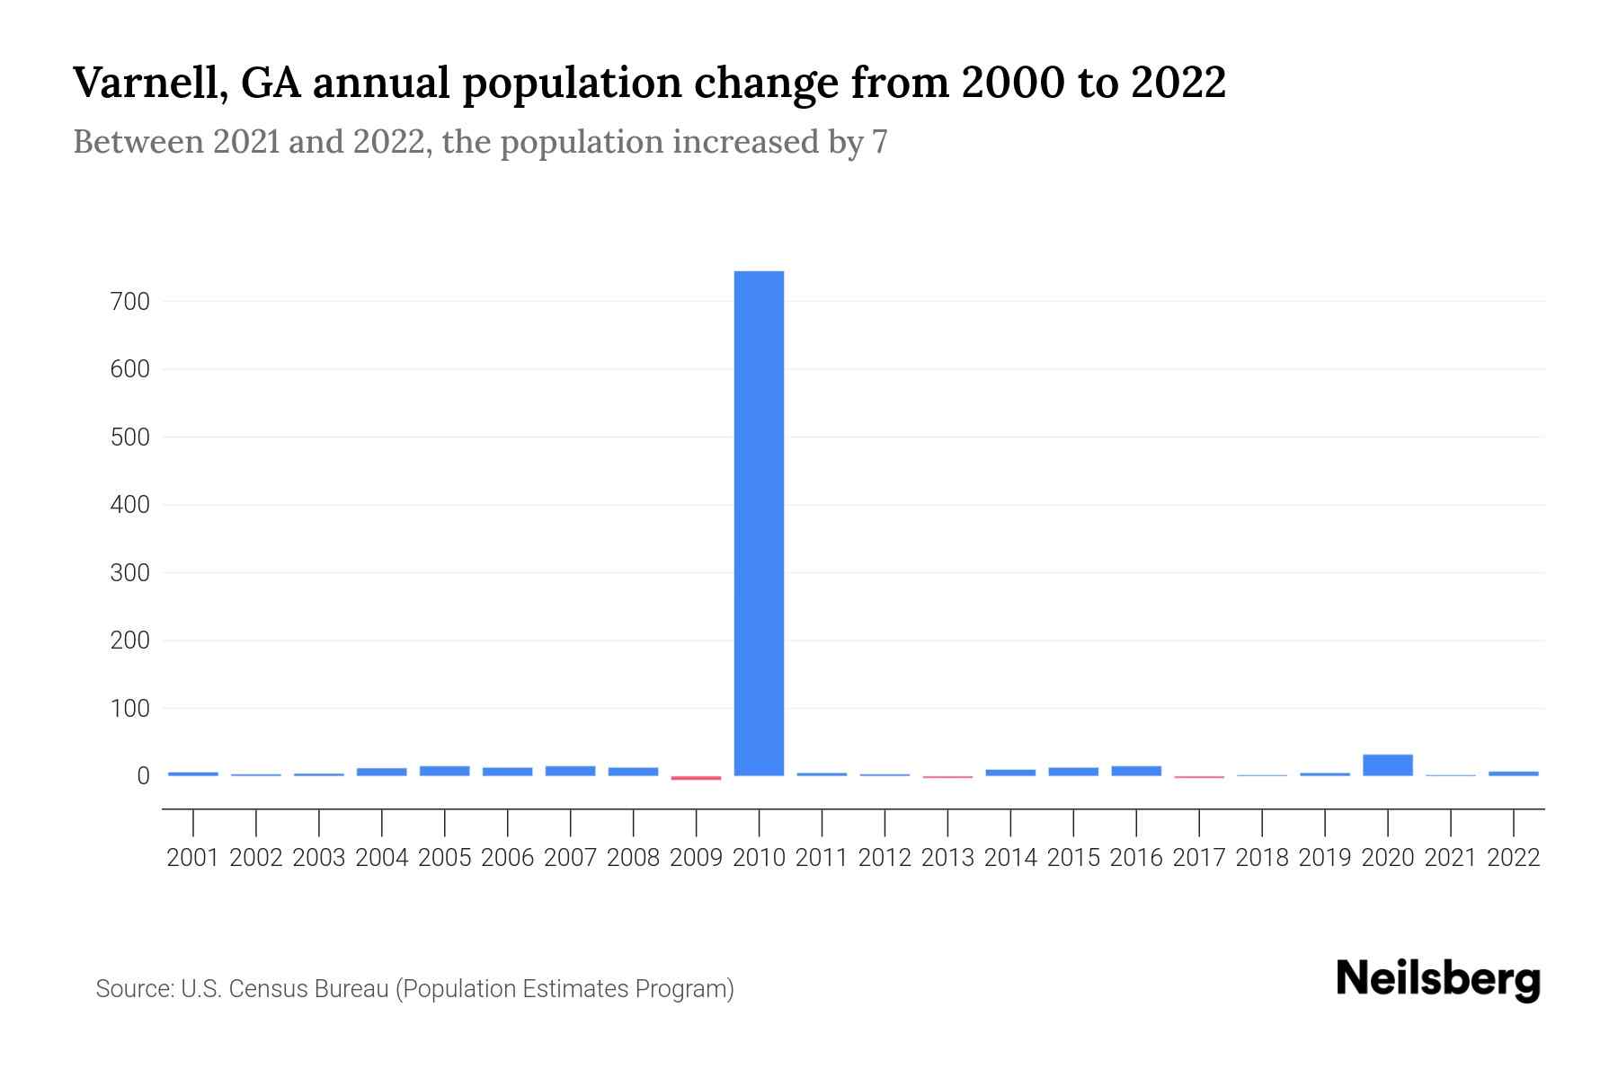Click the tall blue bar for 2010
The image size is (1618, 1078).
tap(759, 523)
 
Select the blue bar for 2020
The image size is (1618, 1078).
tap(1387, 764)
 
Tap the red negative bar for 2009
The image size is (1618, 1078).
tap(696, 778)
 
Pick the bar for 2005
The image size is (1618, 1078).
tap(444, 771)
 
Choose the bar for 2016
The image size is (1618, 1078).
tap(1136, 771)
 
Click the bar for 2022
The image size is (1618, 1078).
tap(1513, 773)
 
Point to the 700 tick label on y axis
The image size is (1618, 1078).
tap(129, 302)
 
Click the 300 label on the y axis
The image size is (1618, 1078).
tap(129, 573)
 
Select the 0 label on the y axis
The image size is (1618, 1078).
tap(142, 776)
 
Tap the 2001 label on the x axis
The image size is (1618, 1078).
tap(193, 858)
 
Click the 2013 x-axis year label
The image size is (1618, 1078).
tap(947, 858)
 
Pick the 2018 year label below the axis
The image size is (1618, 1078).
tap(1262, 858)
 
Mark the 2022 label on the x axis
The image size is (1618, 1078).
tap(1513, 858)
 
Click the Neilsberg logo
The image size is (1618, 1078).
tap(1438, 979)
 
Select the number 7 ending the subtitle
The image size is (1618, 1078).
tap(879, 143)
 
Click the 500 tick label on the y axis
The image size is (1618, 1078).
tap(129, 437)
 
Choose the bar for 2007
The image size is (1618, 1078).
tap(570, 771)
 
